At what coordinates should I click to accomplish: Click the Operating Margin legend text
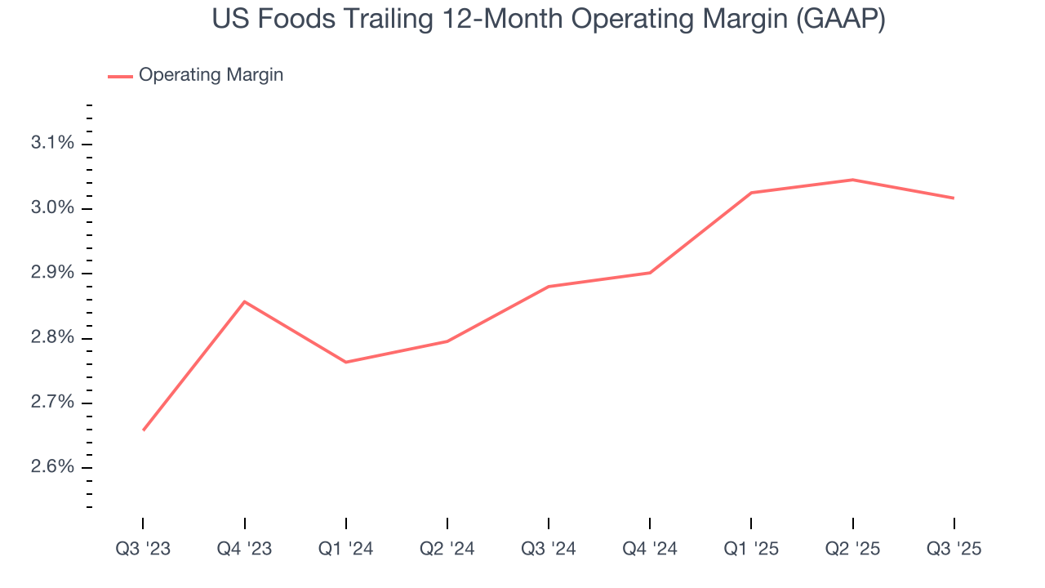(x=211, y=75)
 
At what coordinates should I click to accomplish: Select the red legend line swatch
(x=120, y=76)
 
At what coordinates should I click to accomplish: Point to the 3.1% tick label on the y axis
(x=52, y=144)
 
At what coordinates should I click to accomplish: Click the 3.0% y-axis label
(x=52, y=208)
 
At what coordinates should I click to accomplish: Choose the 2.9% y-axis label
(x=52, y=273)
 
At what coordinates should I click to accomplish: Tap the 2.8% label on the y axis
(x=52, y=338)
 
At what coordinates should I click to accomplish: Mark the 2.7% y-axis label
(x=52, y=403)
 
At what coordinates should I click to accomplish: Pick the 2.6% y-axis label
(x=52, y=467)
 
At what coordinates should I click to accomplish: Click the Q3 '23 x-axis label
(x=143, y=549)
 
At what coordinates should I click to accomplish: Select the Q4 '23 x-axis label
(x=244, y=549)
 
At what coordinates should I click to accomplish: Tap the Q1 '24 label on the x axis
(x=346, y=549)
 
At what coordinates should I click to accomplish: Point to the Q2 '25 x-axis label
(x=852, y=549)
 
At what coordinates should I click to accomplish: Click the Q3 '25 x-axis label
(x=954, y=549)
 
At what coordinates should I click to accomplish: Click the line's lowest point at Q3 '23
(x=144, y=430)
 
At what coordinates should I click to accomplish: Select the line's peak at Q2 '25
(x=852, y=180)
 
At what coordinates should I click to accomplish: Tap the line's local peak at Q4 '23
(x=245, y=301)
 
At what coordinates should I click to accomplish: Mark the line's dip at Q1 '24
(x=346, y=362)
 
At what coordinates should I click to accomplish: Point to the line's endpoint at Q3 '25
(x=954, y=198)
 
